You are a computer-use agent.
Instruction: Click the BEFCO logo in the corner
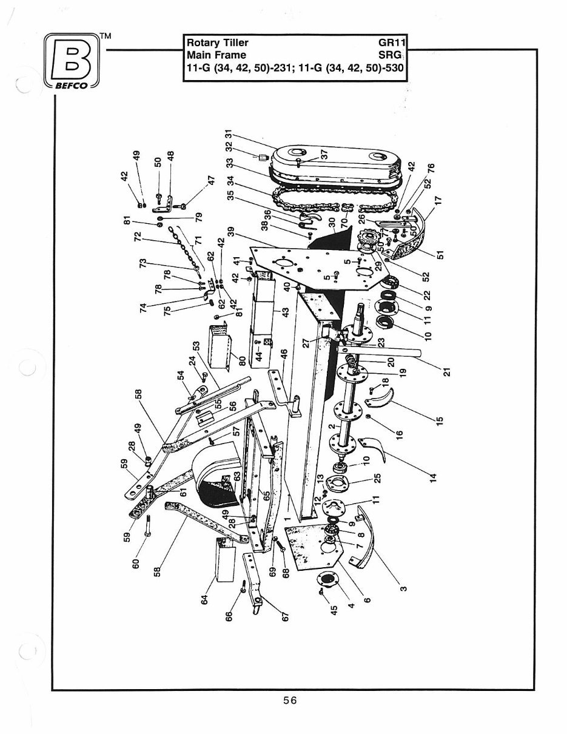72,63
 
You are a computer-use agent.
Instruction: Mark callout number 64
204,599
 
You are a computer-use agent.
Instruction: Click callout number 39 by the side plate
230,235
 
